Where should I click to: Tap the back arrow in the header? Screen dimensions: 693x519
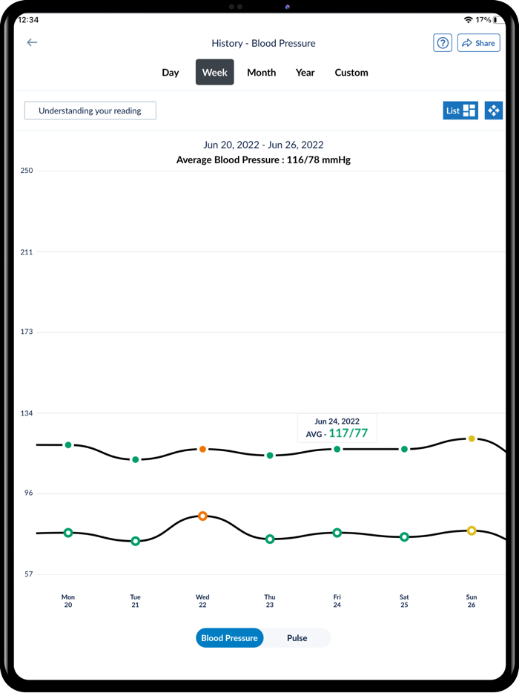[32, 43]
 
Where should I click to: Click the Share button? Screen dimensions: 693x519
[478, 43]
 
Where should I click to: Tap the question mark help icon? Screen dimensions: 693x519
[443, 43]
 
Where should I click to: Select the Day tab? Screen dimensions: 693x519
[171, 73]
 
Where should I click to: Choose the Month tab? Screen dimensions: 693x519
[261, 73]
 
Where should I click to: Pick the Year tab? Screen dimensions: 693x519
[305, 73]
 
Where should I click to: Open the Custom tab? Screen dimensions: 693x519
[351, 73]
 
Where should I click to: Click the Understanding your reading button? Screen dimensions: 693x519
[90, 111]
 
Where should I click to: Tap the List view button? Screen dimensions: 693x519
[460, 111]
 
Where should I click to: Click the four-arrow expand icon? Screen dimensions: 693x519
[494, 111]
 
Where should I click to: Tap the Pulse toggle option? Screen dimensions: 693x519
[297, 638]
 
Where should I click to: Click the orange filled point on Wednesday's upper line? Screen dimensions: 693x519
[202, 450]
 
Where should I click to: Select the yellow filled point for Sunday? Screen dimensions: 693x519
[472, 439]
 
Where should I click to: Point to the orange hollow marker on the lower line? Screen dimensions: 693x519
[202, 516]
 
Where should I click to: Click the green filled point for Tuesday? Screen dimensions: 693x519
[136, 460]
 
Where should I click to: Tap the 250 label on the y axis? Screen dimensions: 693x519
[27, 171]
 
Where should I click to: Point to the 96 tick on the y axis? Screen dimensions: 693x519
[27, 493]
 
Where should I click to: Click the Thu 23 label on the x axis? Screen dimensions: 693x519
[270, 601]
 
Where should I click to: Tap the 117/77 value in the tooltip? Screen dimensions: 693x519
[348, 433]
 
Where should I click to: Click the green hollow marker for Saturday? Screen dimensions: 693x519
[404, 537]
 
